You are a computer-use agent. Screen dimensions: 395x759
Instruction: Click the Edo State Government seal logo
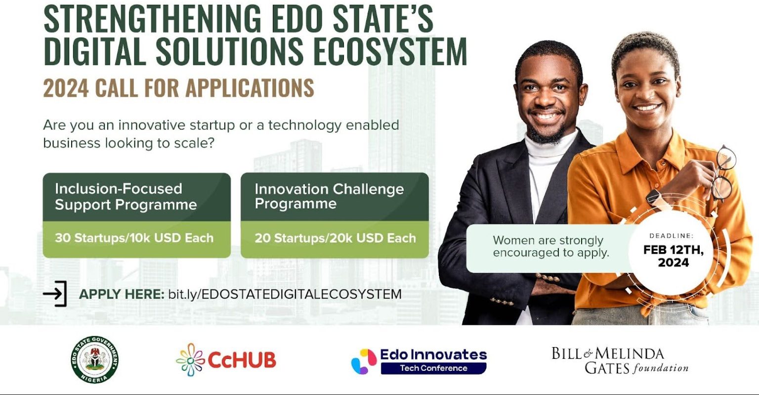click(94, 359)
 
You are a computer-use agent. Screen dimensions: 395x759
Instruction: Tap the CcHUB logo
click(226, 359)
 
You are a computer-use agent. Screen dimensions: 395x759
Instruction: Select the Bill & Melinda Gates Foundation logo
click(619, 360)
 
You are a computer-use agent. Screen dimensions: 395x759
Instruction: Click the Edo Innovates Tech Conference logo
click(419, 360)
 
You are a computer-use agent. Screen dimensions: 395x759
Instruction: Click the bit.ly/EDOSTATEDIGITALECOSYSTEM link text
click(285, 294)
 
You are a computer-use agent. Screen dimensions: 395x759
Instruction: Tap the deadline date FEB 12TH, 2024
click(673, 256)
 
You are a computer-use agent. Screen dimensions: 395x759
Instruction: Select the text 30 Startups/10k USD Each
click(134, 238)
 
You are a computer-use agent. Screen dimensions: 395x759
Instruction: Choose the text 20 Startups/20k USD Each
click(335, 238)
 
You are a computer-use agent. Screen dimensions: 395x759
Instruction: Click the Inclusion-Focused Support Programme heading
click(126, 197)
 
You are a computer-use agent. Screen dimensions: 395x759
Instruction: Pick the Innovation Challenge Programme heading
click(329, 196)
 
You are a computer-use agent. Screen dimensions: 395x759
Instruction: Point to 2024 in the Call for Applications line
click(66, 88)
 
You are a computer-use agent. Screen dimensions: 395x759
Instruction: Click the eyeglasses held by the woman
click(723, 173)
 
